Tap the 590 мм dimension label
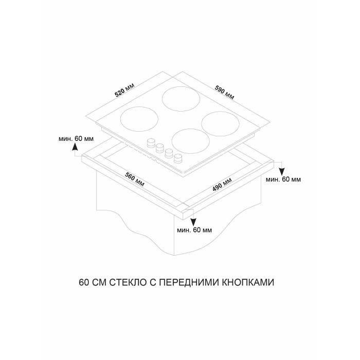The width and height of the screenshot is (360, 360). tap(224, 93)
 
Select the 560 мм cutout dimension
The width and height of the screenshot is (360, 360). tap(135, 179)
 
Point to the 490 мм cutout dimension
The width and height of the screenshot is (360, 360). tap(222, 184)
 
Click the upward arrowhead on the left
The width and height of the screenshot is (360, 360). tap(75, 146)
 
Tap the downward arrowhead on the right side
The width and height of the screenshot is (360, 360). tap(282, 172)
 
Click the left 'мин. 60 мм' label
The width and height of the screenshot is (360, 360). tap(76, 139)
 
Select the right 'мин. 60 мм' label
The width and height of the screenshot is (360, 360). tap(283, 179)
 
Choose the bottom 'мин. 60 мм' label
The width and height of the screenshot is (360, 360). tap(194, 230)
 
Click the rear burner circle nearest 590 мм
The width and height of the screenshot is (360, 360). tap(181, 99)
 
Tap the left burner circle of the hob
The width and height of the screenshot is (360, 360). tap(139, 119)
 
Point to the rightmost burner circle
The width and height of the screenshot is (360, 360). tap(221, 124)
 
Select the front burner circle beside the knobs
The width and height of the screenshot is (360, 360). tap(191, 141)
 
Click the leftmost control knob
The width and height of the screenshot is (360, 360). tap(151, 142)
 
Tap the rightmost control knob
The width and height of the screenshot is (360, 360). tap(178, 158)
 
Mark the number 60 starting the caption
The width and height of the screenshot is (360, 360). tap(84, 282)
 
